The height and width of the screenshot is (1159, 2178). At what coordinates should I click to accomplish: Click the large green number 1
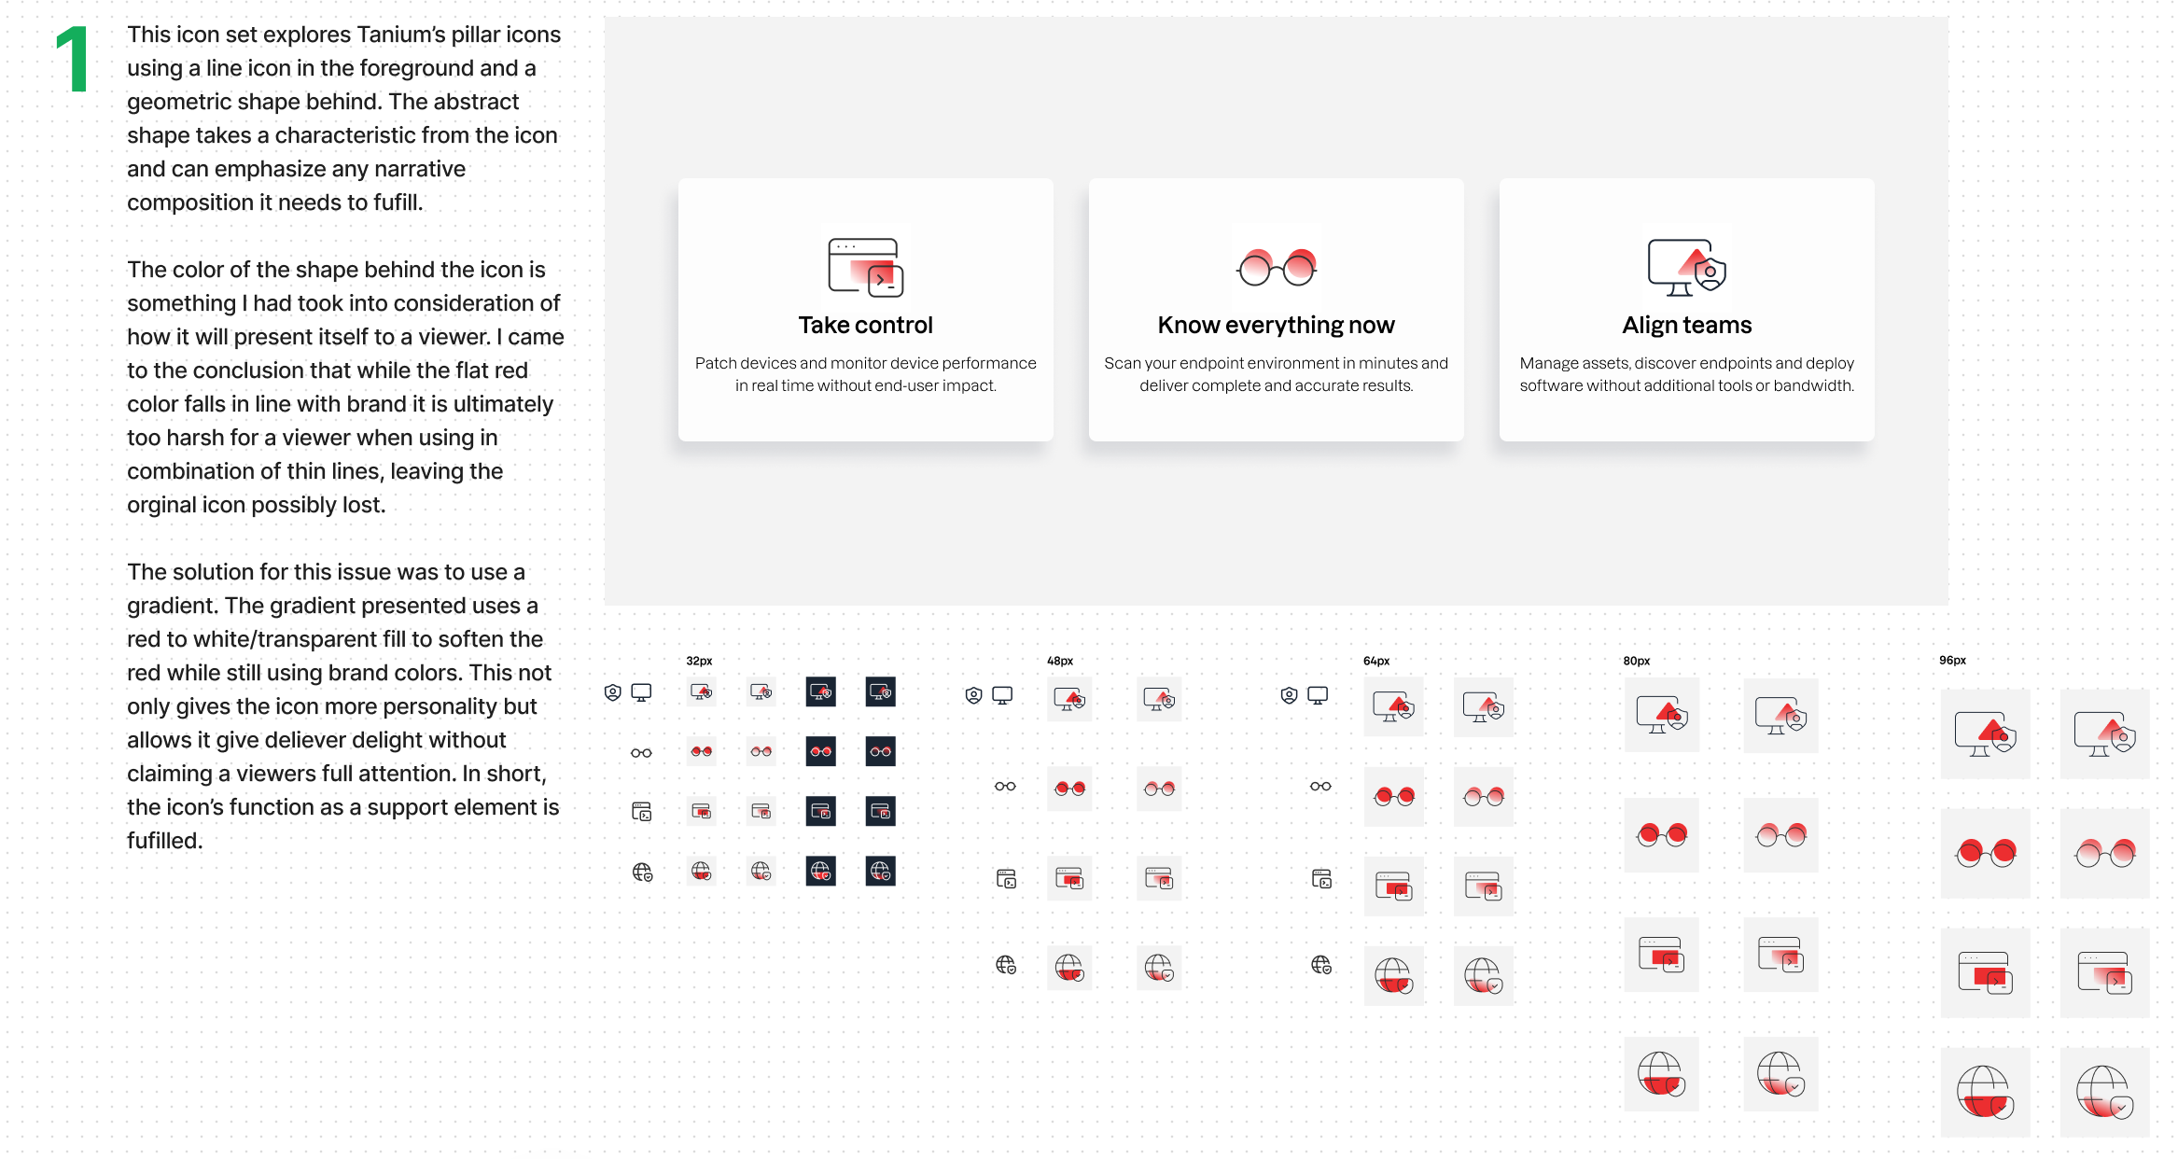point(74,60)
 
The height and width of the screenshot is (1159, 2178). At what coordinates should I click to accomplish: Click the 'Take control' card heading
point(865,325)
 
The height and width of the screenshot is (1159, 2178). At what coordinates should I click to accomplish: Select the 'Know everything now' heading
point(1276,325)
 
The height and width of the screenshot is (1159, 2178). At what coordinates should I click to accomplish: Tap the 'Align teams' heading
point(1686,325)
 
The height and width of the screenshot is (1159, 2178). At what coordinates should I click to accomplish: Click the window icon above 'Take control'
point(866,268)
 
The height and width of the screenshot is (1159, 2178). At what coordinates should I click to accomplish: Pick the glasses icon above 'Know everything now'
point(1277,268)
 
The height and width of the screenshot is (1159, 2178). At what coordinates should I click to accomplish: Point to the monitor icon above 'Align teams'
point(1686,268)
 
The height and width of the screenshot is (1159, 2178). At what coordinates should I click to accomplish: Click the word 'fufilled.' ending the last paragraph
point(165,841)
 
